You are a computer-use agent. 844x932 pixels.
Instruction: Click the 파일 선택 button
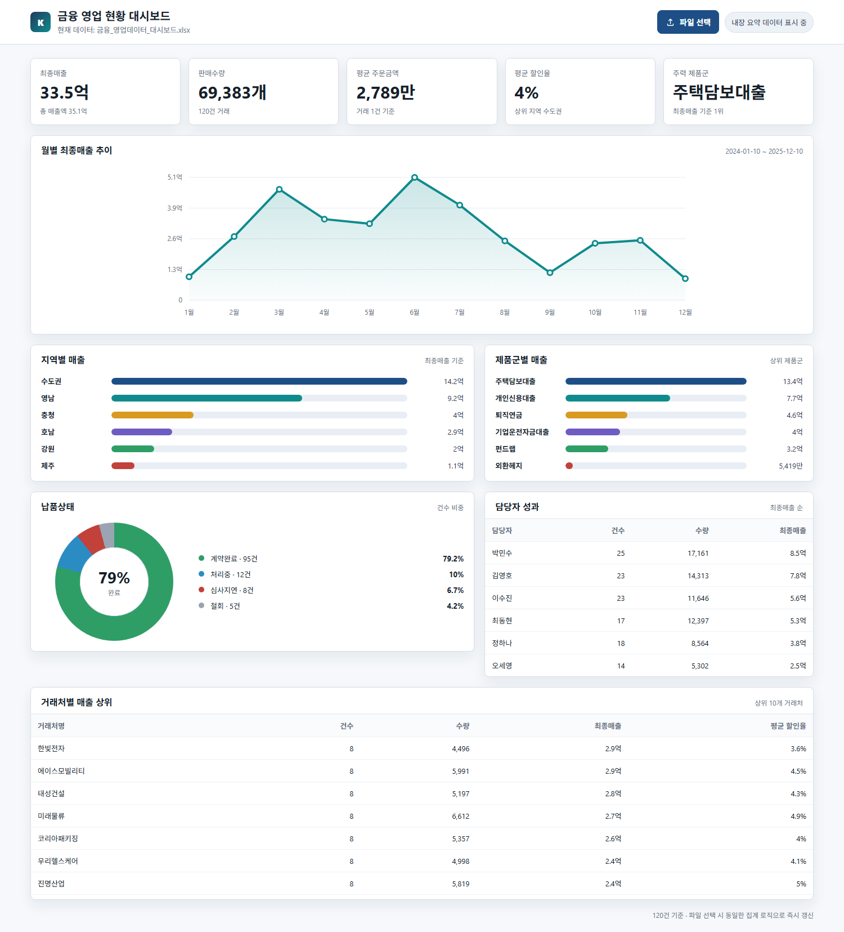[x=688, y=22]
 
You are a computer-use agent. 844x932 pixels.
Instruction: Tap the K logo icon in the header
[x=41, y=22]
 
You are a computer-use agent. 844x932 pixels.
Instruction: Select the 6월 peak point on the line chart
[x=415, y=177]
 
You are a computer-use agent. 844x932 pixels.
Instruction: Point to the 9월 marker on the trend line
[x=550, y=273]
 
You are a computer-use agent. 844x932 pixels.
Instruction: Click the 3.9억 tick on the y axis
[x=174, y=208]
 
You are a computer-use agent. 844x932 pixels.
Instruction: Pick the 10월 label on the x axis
[x=595, y=312]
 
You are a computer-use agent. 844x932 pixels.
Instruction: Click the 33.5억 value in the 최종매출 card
[x=64, y=92]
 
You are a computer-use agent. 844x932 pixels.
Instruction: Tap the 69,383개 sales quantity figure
[x=232, y=92]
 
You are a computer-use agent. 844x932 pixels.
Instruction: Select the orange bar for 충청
[x=152, y=415]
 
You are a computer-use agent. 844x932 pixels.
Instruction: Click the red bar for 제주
[x=123, y=466]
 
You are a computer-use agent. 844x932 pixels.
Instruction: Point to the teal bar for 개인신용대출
[x=618, y=398]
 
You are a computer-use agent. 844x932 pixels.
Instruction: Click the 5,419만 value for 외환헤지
[x=791, y=466]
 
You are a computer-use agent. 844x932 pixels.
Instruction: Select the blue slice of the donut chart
[x=73, y=554]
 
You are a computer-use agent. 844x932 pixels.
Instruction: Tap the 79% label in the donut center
[x=114, y=578]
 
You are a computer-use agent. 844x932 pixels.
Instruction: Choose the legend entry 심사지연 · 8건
[x=232, y=590]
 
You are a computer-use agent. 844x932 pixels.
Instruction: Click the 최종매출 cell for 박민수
[x=798, y=553]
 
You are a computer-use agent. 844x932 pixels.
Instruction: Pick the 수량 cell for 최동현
[x=698, y=621]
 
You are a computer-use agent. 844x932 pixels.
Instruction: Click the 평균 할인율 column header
[x=788, y=726]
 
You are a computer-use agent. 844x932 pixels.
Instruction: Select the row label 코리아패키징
[x=58, y=839]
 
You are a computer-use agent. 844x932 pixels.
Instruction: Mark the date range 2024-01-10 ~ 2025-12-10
[x=764, y=151]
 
